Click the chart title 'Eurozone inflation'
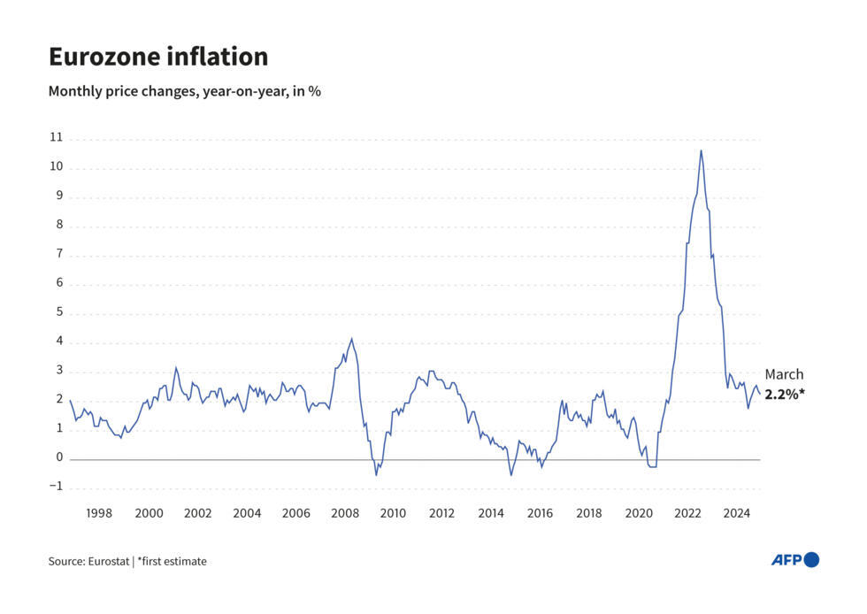click(x=157, y=58)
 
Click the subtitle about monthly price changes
click(x=184, y=91)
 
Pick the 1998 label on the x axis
click(x=99, y=512)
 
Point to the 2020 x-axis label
click(x=638, y=512)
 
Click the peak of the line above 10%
click(x=701, y=150)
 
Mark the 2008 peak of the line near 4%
click(x=351, y=339)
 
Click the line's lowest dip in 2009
click(x=376, y=475)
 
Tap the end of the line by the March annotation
click(x=759, y=394)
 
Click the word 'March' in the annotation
click(x=784, y=374)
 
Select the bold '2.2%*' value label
click(x=786, y=395)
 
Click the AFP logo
click(x=794, y=559)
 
